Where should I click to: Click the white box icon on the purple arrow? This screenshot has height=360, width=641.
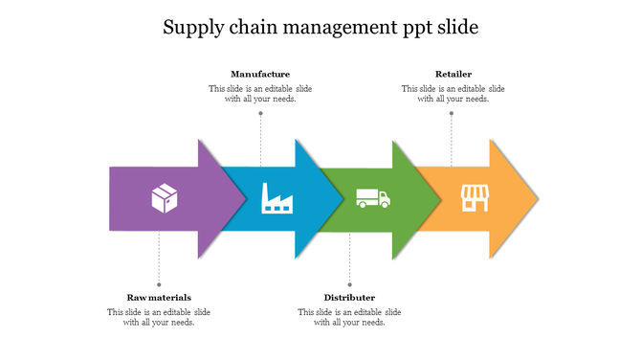[x=165, y=199]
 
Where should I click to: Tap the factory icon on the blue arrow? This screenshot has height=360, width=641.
[x=277, y=199]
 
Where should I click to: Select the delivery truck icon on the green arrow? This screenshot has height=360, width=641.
[x=372, y=198]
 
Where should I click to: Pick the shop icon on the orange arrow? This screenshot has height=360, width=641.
[x=475, y=198]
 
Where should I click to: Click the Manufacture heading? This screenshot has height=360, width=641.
[x=260, y=74]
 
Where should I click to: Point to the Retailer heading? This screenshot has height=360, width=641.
[x=453, y=74]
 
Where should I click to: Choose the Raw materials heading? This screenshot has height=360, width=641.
[x=159, y=298]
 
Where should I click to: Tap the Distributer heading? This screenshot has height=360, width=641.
[x=349, y=298]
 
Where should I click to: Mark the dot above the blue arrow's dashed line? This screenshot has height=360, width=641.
[x=260, y=113]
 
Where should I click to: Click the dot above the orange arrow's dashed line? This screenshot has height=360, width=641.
[x=452, y=113]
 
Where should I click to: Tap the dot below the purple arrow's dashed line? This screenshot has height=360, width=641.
[x=159, y=284]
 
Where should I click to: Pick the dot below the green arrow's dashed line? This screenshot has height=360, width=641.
[x=349, y=284]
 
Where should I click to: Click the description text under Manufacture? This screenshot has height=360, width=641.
[x=260, y=94]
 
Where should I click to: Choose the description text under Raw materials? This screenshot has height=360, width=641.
[x=159, y=317]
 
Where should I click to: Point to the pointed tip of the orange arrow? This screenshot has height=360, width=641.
[x=537, y=199]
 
